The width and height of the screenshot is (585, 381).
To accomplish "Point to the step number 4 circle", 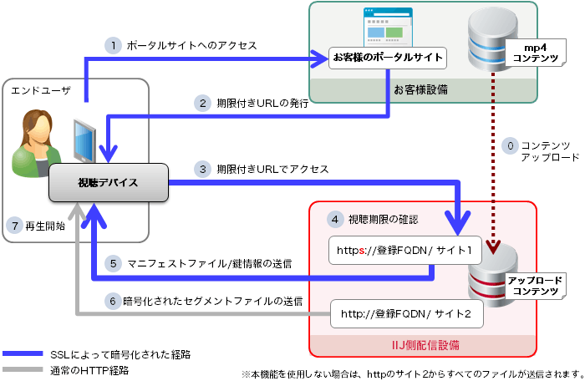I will (334, 220).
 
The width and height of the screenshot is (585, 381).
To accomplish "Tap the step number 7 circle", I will (13, 225).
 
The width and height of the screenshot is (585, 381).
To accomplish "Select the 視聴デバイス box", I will (108, 182).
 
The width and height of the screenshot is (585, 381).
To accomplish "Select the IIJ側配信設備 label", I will (425, 344).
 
